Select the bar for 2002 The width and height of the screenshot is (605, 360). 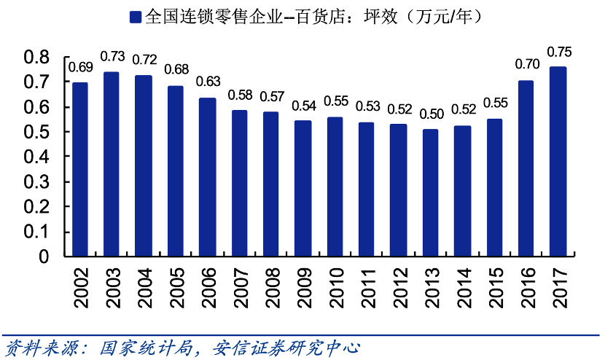[x=80, y=169]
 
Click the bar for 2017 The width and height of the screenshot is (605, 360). [x=558, y=161]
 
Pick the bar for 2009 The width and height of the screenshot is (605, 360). [x=302, y=188]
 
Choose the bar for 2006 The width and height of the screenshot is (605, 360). [x=207, y=177]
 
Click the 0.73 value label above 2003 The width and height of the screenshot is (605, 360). [x=112, y=56]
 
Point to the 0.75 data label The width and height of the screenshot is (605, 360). [x=559, y=52]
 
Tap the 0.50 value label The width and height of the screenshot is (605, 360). [x=431, y=114]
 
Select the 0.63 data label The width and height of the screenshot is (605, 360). [x=208, y=81]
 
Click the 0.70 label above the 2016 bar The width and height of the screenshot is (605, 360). [x=527, y=64]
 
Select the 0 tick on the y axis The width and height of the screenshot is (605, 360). [x=43, y=257]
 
